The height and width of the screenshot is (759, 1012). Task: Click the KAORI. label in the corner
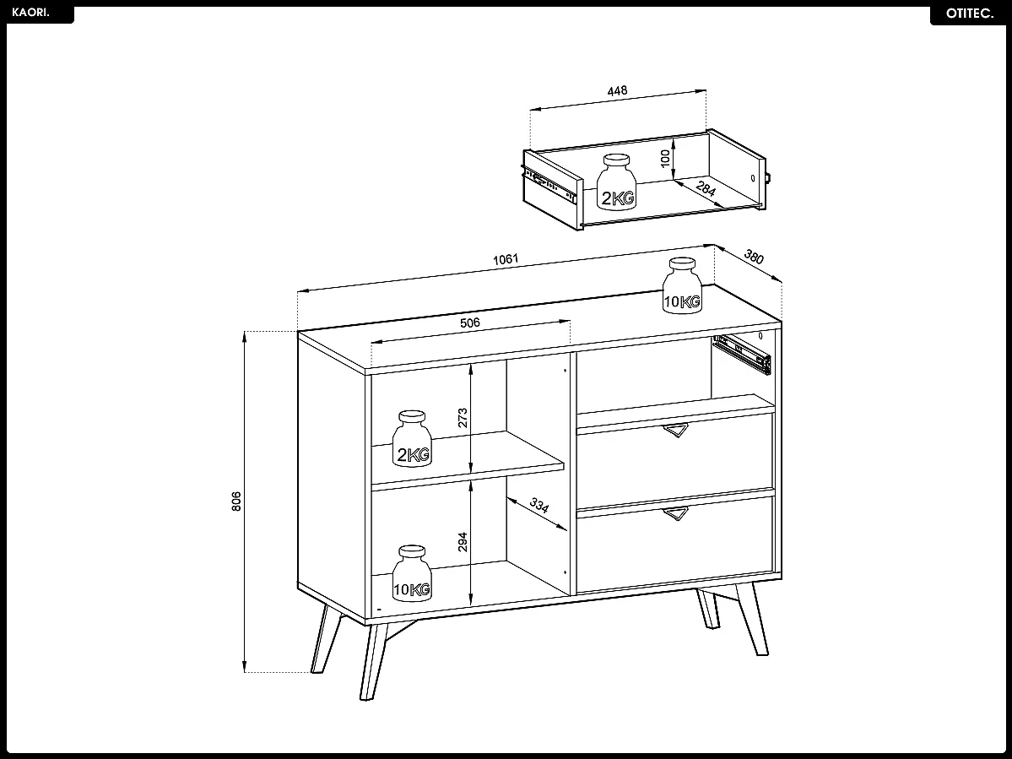click(x=31, y=14)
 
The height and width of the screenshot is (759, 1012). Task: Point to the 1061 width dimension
click(x=505, y=259)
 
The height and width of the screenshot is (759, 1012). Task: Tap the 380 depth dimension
click(x=753, y=257)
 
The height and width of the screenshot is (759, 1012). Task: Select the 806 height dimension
click(x=237, y=501)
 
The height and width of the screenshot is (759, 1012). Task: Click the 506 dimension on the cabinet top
click(x=470, y=323)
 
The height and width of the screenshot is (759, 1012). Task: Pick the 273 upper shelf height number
click(x=463, y=418)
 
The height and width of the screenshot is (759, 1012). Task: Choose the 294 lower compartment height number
click(x=463, y=541)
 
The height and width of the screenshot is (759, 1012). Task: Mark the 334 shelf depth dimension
click(x=538, y=507)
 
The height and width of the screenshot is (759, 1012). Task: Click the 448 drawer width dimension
click(x=617, y=91)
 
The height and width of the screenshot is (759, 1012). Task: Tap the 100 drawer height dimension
click(x=665, y=157)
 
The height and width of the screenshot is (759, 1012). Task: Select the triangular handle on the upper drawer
click(x=675, y=431)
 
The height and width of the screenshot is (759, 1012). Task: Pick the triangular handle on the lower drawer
click(x=675, y=513)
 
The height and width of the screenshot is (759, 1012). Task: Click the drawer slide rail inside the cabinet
click(x=743, y=353)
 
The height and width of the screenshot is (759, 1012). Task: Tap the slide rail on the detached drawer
click(x=550, y=187)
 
